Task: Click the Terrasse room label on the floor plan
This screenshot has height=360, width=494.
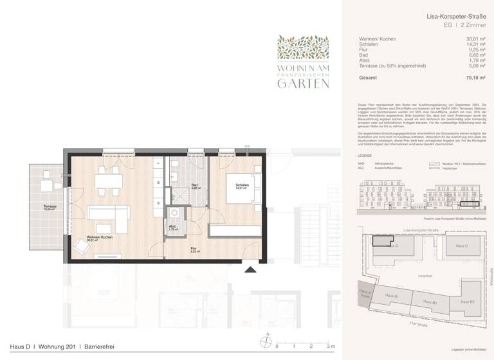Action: pos(50,207)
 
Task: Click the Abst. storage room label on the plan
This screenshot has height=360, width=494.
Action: pos(172,227)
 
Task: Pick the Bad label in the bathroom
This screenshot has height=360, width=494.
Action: pos(194,187)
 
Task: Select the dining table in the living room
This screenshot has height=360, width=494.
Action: pos(106,182)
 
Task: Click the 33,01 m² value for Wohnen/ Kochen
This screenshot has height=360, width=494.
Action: pos(477,39)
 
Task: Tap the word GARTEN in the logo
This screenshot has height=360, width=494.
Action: pos(304,83)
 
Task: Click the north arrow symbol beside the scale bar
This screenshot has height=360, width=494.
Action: pos(264,343)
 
